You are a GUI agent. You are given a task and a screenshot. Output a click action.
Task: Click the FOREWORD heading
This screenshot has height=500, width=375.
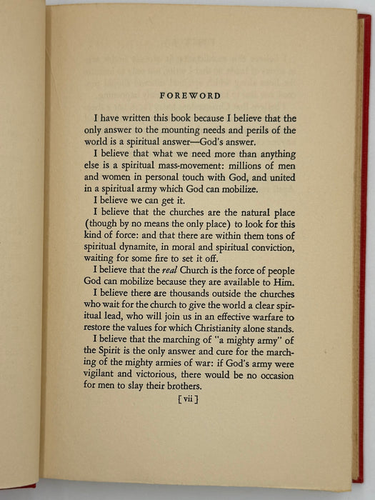[x=190, y=95]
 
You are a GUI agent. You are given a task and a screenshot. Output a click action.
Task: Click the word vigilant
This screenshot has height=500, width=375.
[x=101, y=374]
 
